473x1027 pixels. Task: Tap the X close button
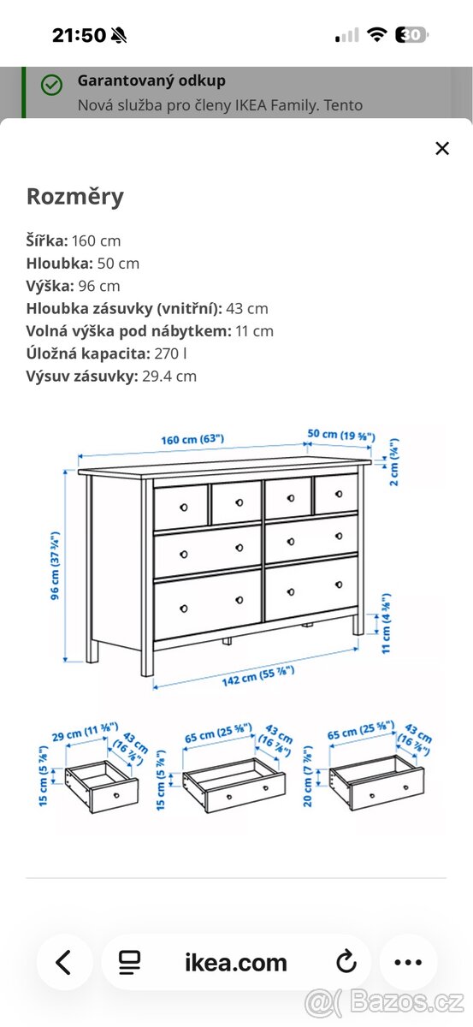(441, 148)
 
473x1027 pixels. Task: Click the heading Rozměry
(75, 197)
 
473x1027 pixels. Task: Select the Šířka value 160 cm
(97, 240)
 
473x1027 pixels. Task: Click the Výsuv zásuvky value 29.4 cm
(169, 376)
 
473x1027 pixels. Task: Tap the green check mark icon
(52, 85)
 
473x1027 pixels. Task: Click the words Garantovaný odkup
(151, 80)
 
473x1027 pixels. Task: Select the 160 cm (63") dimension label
(192, 439)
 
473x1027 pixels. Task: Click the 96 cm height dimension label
(55, 566)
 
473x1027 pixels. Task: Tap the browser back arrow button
(63, 962)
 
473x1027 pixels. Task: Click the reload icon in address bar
(346, 962)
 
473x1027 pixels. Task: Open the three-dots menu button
(408, 962)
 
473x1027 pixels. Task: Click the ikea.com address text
(236, 962)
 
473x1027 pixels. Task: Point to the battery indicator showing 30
(411, 35)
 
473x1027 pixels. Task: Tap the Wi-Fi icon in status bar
(376, 35)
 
